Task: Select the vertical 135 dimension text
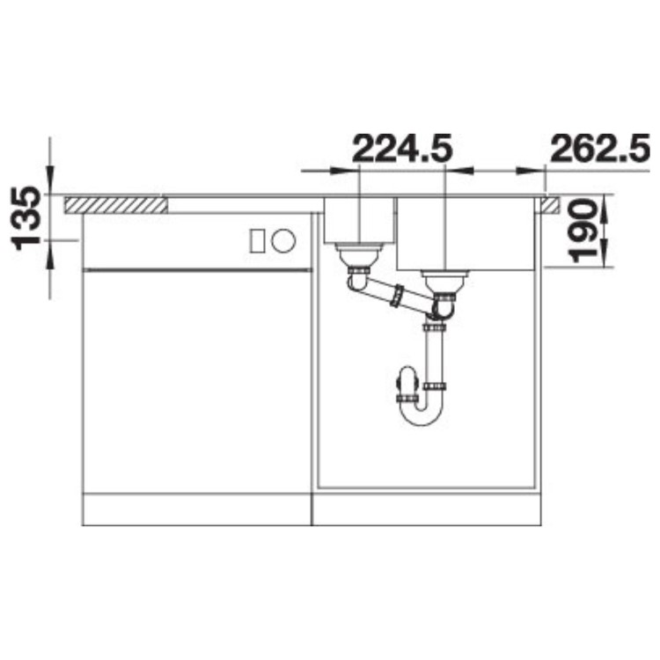point(28,216)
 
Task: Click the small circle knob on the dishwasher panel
point(282,239)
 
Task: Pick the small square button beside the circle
point(259,239)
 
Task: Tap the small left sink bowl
point(359,220)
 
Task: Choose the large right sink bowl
point(465,234)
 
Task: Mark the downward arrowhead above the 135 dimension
point(50,180)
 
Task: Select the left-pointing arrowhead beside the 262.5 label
point(527,168)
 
